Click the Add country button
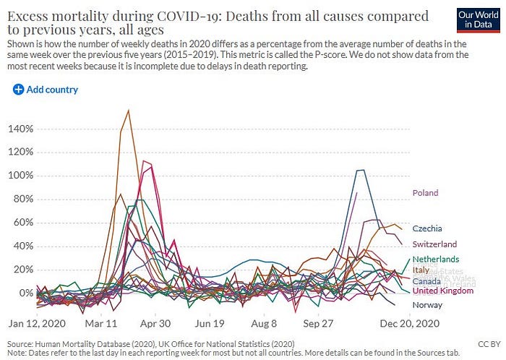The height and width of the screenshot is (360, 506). coord(45,90)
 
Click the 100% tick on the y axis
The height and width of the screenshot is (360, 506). coord(20,176)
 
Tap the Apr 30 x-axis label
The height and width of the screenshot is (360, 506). coord(155,323)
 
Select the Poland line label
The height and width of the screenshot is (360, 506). coord(426,193)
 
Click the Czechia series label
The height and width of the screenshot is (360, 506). coord(428,228)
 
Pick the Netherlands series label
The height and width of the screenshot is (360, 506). coord(436,259)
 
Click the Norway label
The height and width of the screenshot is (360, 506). coord(427,305)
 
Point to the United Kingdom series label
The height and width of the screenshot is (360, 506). coord(443,291)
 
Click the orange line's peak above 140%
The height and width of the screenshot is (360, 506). coord(128,111)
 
